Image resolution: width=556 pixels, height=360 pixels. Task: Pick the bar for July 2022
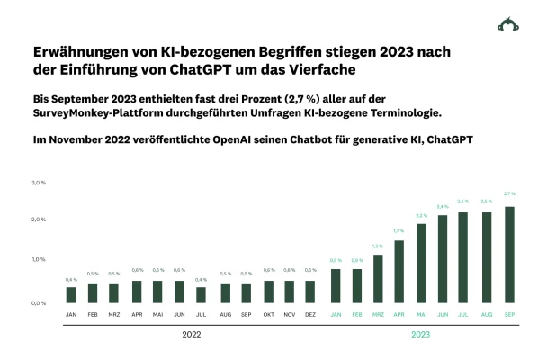[x=201, y=294]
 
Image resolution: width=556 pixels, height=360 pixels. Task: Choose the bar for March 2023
[x=378, y=278]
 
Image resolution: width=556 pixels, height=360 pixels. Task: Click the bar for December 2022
[x=310, y=292]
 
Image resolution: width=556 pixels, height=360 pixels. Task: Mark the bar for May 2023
[x=422, y=263]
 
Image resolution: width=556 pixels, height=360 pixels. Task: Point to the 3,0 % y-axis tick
[x=39, y=183]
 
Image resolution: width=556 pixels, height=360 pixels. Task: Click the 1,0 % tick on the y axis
[x=39, y=260]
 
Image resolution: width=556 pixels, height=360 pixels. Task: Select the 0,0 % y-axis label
[x=39, y=303]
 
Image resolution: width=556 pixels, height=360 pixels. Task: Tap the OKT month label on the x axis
[x=268, y=314]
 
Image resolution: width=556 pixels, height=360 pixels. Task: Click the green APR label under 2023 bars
[x=399, y=314]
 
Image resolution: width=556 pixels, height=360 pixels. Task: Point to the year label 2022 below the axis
[x=191, y=335]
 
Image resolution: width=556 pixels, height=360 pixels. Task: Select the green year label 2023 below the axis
[x=421, y=335]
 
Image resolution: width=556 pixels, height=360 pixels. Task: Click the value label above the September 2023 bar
[x=510, y=194]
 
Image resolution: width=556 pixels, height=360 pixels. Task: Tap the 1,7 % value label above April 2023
[x=399, y=231]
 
